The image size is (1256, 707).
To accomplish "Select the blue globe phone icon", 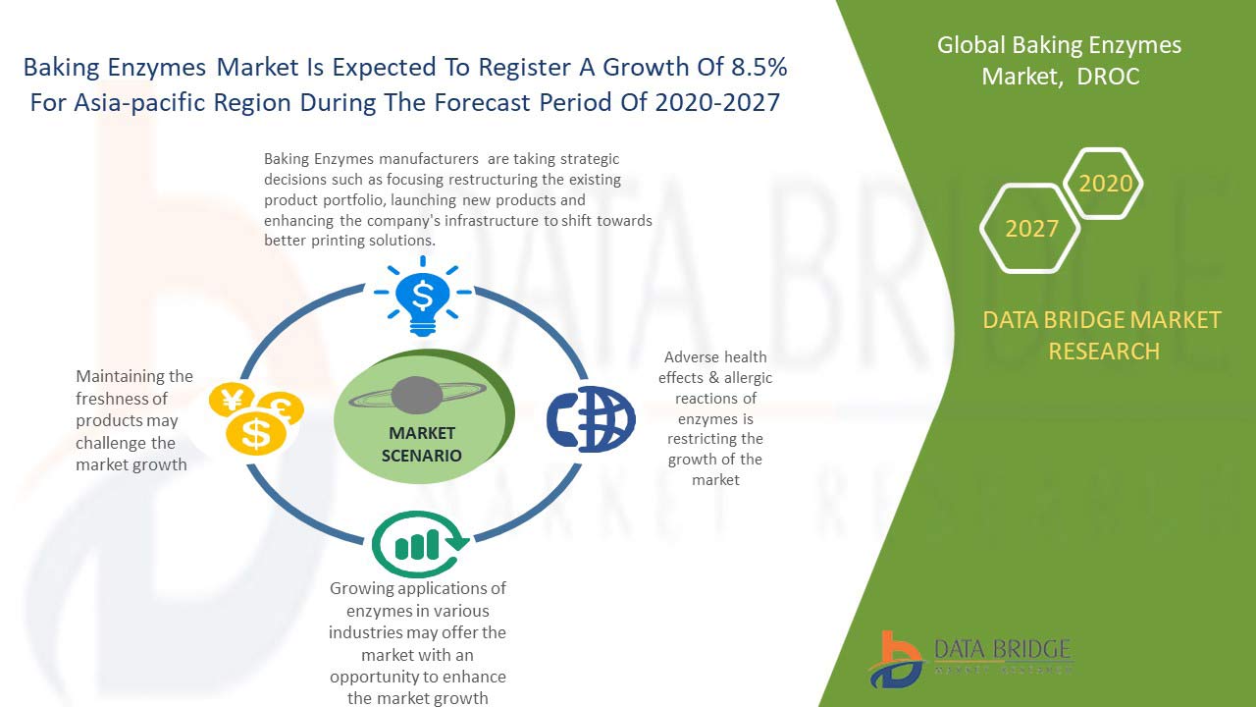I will point(591,419).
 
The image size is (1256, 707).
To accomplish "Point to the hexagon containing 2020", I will point(1105,184).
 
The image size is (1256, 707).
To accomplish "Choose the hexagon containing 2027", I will point(1030,229).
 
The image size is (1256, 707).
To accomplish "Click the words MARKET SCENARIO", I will point(422,444).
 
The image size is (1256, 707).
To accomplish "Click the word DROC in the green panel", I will point(1108,77).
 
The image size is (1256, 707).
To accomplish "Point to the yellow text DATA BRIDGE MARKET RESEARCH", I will point(1103,335).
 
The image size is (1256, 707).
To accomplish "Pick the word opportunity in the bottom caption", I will point(379,677).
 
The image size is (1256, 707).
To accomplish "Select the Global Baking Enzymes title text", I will point(1059,45).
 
